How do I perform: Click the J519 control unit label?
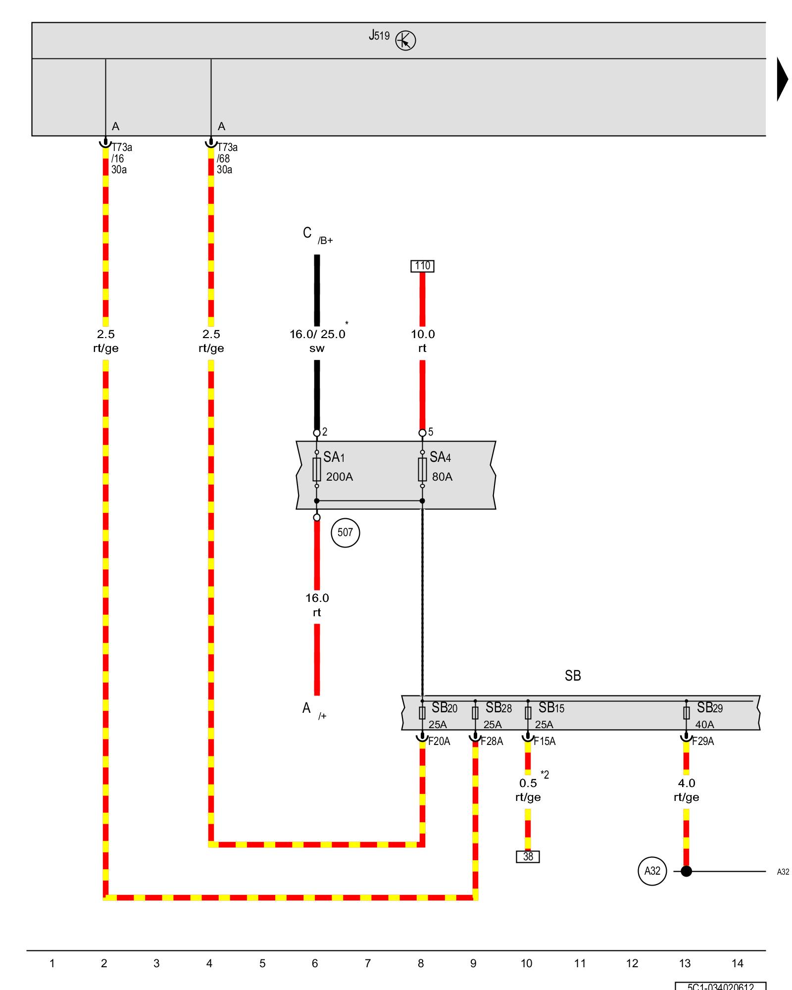click(379, 36)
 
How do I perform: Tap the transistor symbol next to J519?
click(405, 41)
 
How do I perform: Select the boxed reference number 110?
click(422, 266)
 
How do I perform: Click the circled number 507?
click(345, 533)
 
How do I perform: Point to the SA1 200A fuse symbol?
click(317, 469)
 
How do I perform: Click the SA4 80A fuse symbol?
click(422, 469)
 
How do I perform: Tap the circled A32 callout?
click(652, 885)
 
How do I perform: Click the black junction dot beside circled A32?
click(686, 885)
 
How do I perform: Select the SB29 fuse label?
click(709, 708)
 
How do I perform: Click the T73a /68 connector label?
click(227, 158)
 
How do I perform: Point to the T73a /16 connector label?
click(121, 158)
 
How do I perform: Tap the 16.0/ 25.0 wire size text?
click(317, 334)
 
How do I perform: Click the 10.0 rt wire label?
click(422, 341)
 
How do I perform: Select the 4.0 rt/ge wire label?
click(686, 790)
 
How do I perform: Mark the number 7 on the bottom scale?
click(368, 963)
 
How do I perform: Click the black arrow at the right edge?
click(782, 79)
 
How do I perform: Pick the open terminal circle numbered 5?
click(422, 433)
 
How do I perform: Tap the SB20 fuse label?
click(444, 708)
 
